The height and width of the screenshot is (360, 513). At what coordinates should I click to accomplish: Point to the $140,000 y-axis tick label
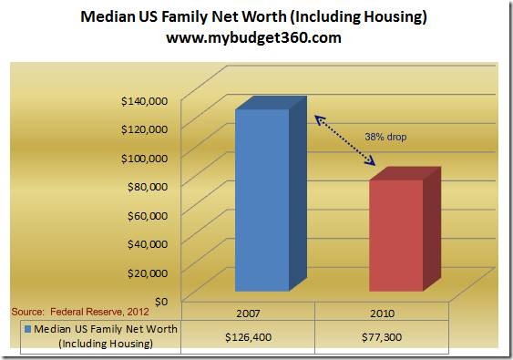(144, 101)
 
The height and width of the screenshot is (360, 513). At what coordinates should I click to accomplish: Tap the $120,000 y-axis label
(144, 129)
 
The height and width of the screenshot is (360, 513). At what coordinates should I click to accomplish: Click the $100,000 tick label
(144, 159)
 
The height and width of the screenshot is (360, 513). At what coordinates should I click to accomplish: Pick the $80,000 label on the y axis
(148, 187)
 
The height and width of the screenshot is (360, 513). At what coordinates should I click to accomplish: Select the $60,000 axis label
(148, 216)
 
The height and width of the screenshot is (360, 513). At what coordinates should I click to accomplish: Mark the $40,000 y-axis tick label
(148, 244)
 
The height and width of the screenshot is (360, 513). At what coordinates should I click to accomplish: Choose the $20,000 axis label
(148, 273)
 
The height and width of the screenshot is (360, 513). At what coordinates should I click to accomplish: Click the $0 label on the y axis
(161, 302)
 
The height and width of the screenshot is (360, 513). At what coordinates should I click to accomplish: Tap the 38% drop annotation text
(385, 137)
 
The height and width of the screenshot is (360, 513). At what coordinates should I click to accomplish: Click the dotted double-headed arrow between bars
(345, 140)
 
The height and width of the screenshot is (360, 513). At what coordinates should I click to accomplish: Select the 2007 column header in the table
(248, 314)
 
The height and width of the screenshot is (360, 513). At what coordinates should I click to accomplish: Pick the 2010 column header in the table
(382, 314)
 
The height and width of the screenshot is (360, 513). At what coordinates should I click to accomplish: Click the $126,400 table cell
(248, 337)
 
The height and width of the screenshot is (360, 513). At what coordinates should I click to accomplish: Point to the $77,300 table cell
(382, 337)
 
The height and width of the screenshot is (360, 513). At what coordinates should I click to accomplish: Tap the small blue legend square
(28, 329)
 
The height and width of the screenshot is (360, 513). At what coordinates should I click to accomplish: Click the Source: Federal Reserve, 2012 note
(80, 312)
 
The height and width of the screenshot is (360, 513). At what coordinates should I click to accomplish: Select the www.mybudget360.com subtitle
(253, 37)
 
